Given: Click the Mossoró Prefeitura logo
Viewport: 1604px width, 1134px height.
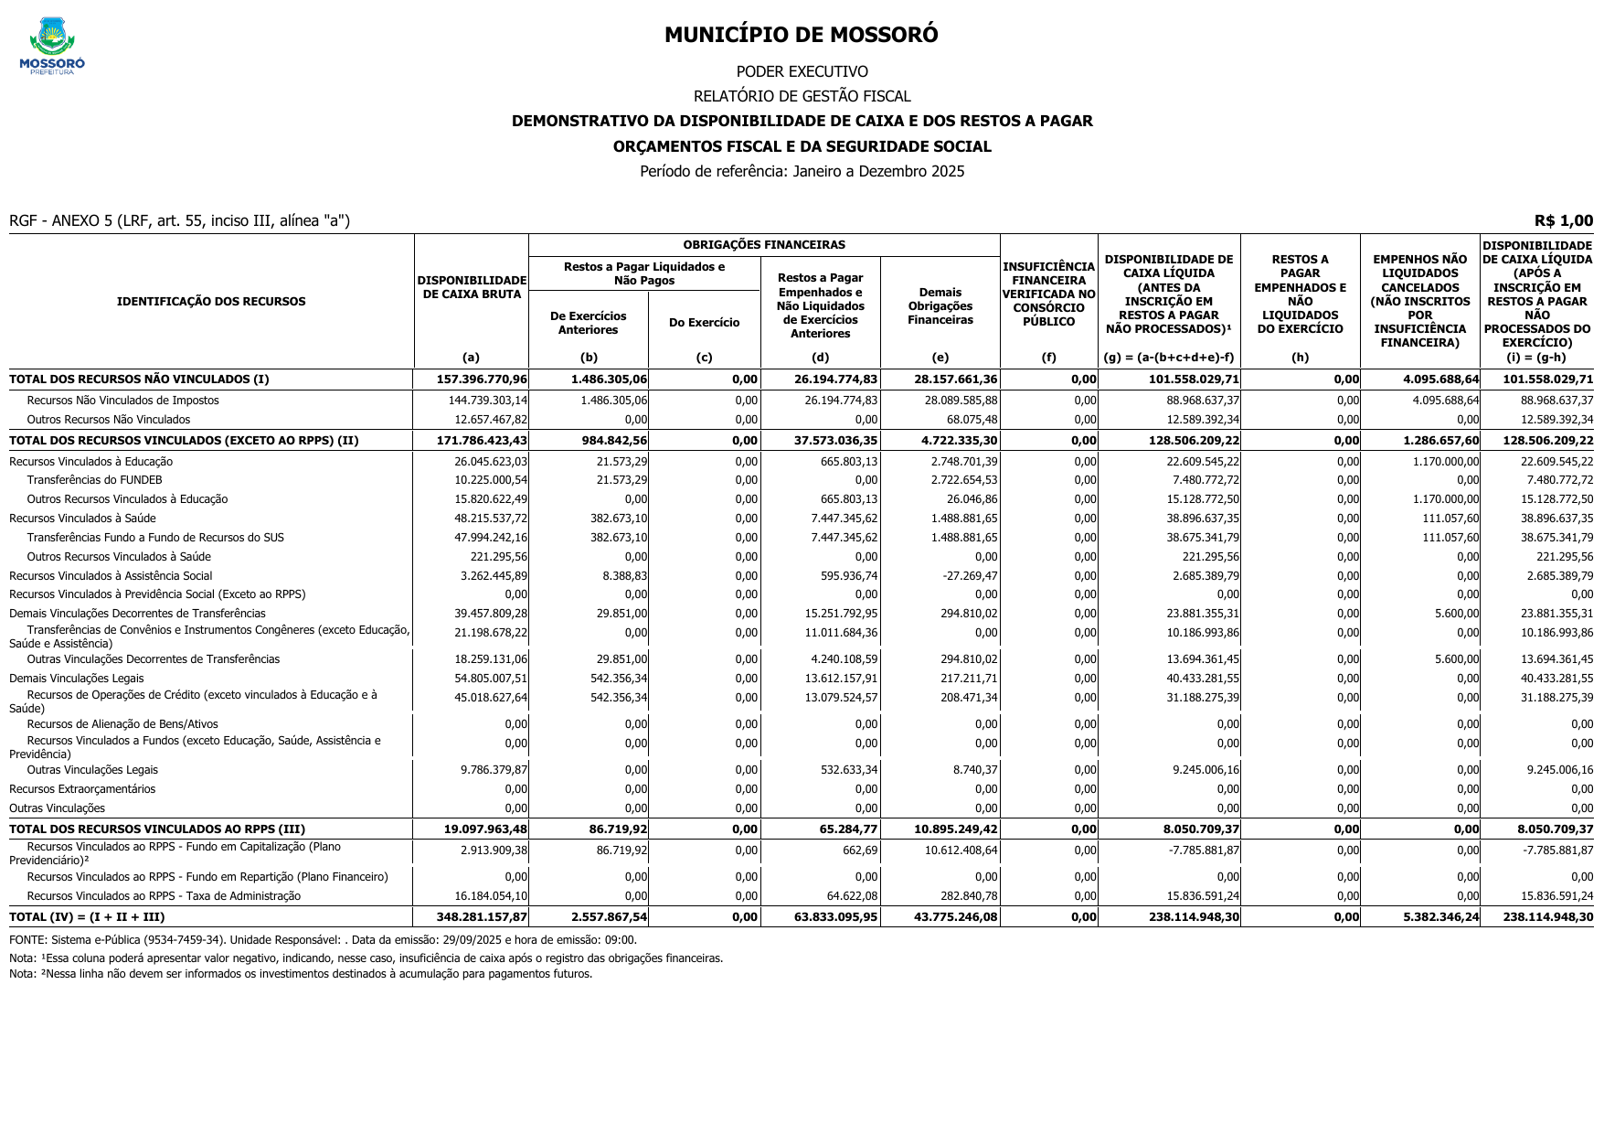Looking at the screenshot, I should [x=52, y=46].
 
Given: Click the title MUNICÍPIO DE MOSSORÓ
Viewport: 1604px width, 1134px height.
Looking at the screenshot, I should [x=801, y=35].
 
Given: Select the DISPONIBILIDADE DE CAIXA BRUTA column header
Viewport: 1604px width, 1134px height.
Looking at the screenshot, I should [x=472, y=287].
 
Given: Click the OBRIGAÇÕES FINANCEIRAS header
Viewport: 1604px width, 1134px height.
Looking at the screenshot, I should [x=763, y=245].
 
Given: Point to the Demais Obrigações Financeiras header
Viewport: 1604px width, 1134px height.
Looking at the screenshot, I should [x=940, y=306].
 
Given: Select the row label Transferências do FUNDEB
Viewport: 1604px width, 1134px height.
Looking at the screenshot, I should [x=94, y=480].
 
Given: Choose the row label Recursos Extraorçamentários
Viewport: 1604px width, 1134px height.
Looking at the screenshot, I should [x=82, y=789].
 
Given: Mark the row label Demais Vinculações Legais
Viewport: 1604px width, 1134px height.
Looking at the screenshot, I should [x=77, y=679].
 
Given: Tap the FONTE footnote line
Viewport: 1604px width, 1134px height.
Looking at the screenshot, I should [x=323, y=939].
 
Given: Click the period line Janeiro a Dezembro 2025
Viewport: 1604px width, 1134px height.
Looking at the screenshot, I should [x=802, y=171].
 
